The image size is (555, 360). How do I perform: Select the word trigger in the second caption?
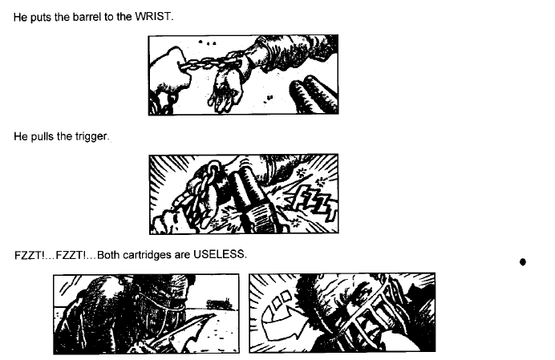point(91,136)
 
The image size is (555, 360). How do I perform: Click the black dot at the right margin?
point(523,262)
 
